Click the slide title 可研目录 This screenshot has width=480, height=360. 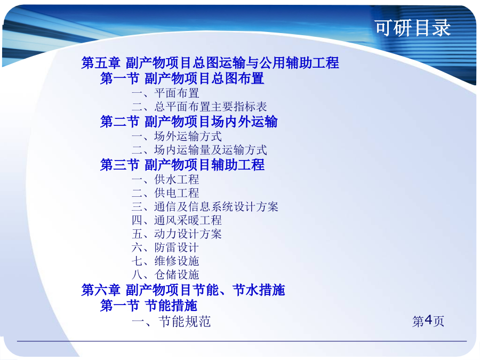click(413, 28)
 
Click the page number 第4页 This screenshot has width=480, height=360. click(428, 321)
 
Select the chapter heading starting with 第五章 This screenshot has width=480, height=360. click(210, 63)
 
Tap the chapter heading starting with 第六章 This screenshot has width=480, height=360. click(183, 290)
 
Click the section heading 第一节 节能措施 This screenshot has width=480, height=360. click(149, 305)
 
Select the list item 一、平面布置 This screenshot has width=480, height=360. click(165, 93)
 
